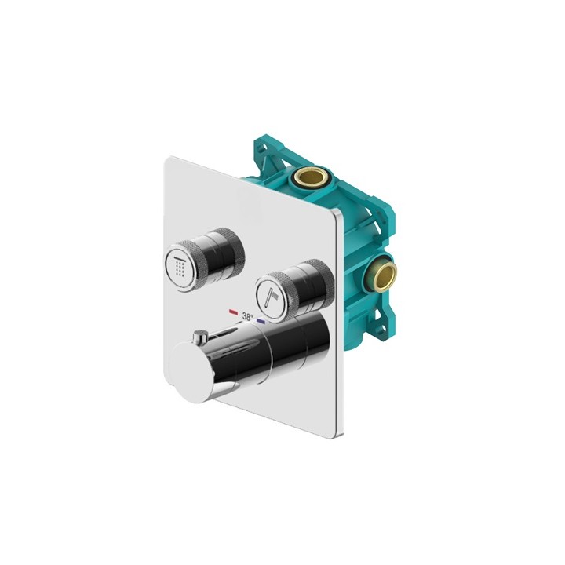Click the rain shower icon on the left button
(182, 267)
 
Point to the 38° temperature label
(247, 318)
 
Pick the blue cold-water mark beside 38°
(261, 321)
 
